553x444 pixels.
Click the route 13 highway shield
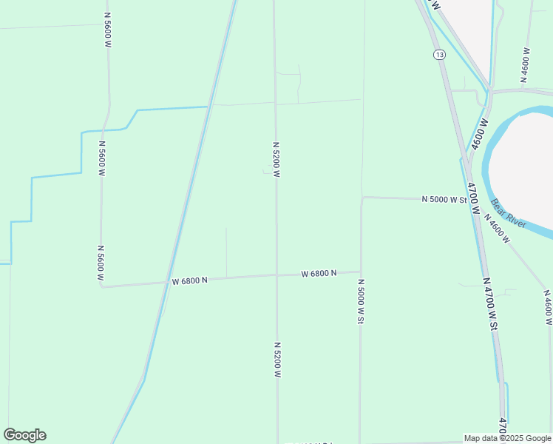[439, 55]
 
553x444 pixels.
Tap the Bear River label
[509, 214]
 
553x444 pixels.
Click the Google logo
[24, 435]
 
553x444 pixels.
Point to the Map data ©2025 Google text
[508, 438]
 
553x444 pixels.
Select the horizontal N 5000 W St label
[445, 199]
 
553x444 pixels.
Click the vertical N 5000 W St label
[361, 300]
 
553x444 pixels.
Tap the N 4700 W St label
[490, 304]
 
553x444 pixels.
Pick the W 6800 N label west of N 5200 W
[189, 280]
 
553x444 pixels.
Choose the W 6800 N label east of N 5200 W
[319, 273]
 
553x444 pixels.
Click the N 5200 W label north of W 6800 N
[276, 160]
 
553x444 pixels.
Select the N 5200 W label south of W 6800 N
[277, 360]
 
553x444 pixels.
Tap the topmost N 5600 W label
[108, 30]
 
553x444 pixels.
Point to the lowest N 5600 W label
[101, 263]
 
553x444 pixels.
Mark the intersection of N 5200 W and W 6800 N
[276, 275]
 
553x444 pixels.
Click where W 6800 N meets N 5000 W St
[360, 272]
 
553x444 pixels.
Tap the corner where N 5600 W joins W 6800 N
[102, 286]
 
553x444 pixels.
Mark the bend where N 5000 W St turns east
[362, 198]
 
